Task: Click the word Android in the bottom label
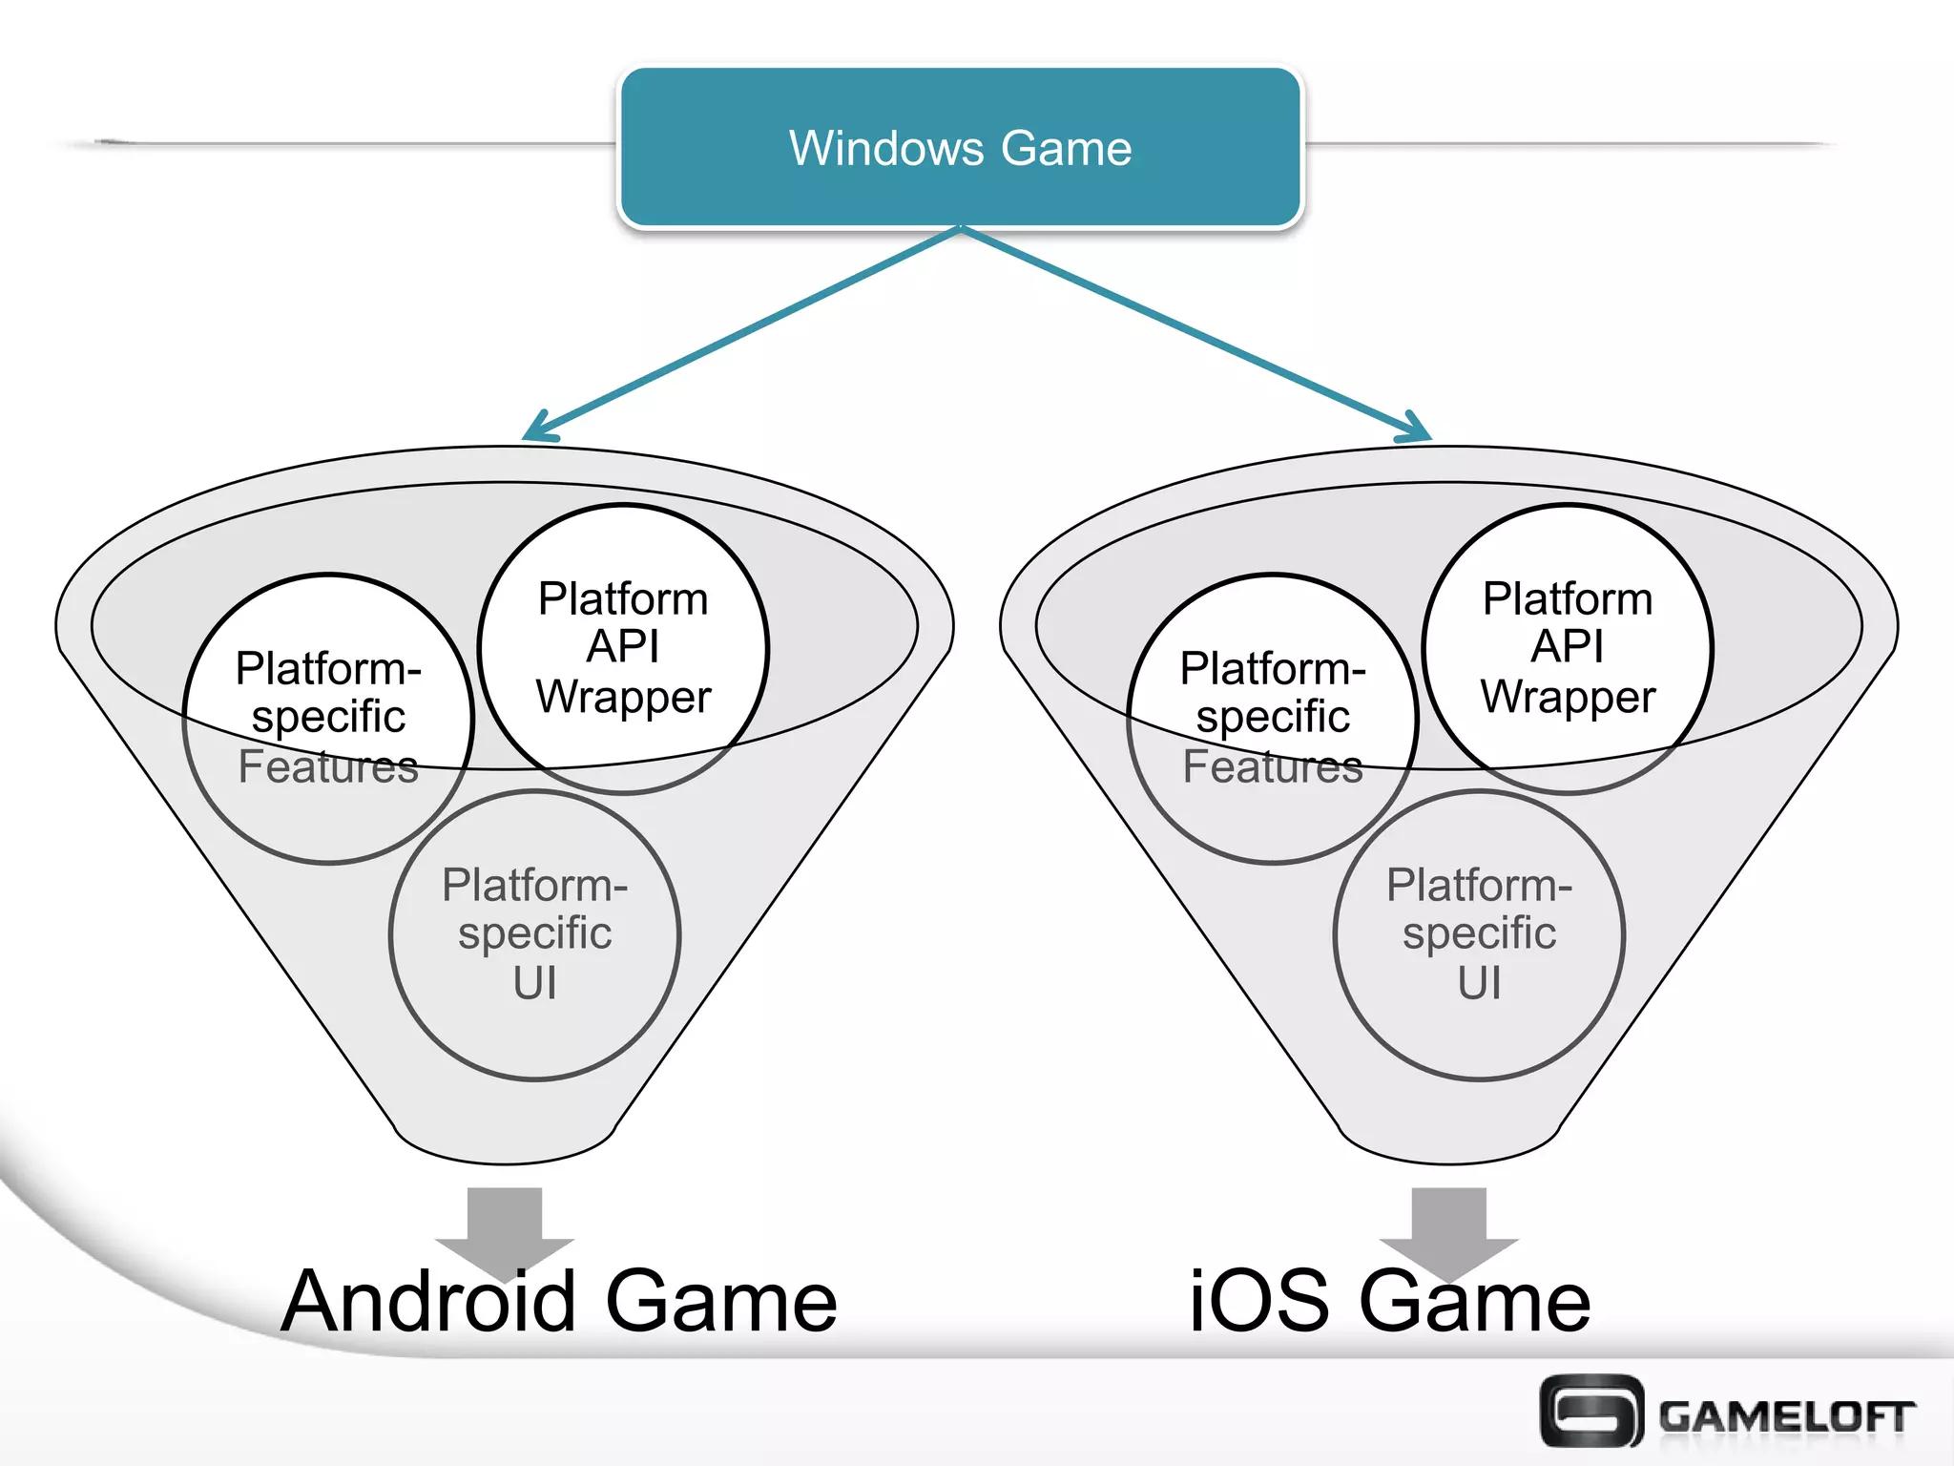click(428, 1302)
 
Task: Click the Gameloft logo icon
click(1591, 1411)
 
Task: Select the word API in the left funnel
click(623, 647)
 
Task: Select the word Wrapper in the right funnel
click(1568, 697)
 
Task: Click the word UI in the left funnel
click(534, 983)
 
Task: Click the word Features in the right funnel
click(1272, 766)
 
